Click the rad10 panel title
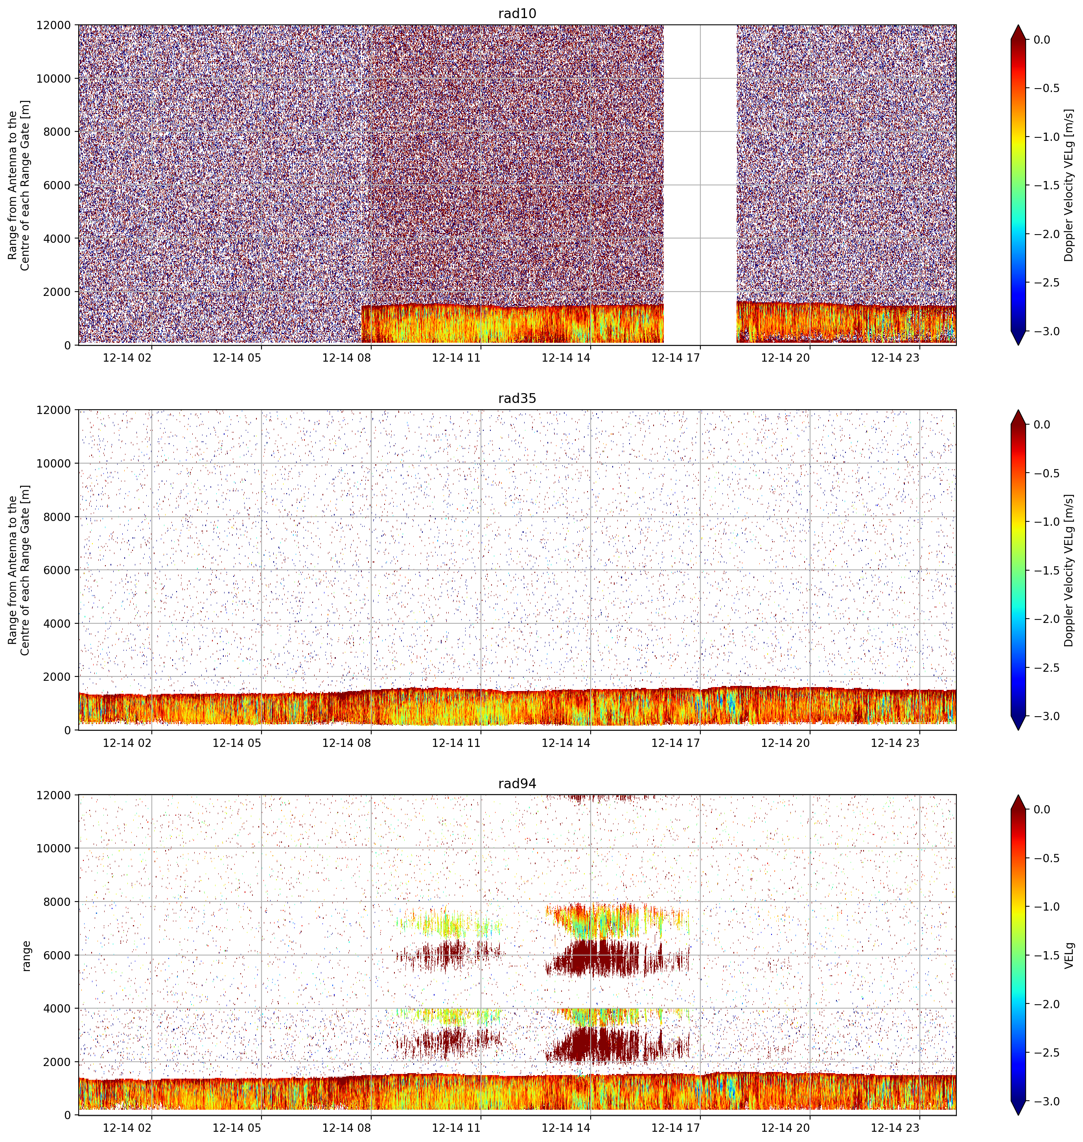pyautogui.click(x=517, y=13)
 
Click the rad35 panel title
pyautogui.click(x=517, y=399)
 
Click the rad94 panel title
pyautogui.click(x=517, y=784)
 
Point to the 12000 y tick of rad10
pyautogui.click(x=54, y=26)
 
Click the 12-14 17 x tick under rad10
pyautogui.click(x=676, y=358)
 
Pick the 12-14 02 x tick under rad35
pyautogui.click(x=127, y=743)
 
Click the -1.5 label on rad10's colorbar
pyautogui.click(x=1046, y=185)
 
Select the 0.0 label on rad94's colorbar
pyautogui.click(x=1042, y=810)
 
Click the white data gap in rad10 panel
pyautogui.click(x=700, y=185)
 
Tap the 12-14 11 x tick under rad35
pyautogui.click(x=456, y=743)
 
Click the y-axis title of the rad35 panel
pyautogui.click(x=19, y=570)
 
